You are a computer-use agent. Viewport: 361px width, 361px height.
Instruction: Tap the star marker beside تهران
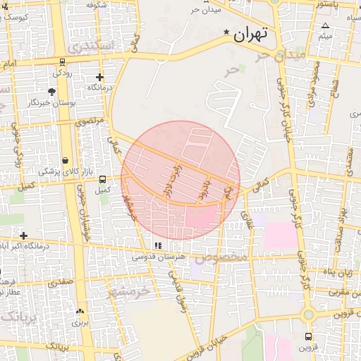click(x=226, y=32)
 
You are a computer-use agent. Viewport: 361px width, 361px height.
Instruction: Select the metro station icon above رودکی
click(x=64, y=61)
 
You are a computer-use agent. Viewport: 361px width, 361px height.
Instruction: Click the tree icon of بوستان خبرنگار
click(x=51, y=92)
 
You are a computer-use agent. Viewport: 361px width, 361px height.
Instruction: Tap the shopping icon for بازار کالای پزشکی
click(x=66, y=160)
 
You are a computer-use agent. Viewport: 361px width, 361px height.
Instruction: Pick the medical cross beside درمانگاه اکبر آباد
click(x=24, y=235)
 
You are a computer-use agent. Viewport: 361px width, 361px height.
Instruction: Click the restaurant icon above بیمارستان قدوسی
click(x=158, y=245)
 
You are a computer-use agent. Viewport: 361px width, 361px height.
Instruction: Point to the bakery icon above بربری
click(x=79, y=311)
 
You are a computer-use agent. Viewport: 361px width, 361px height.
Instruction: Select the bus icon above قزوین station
click(x=308, y=336)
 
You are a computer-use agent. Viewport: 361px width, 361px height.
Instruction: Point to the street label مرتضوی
click(x=89, y=121)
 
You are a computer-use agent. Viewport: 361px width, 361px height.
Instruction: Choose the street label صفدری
click(x=61, y=282)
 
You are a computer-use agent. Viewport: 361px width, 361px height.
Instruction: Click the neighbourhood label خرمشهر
click(x=130, y=289)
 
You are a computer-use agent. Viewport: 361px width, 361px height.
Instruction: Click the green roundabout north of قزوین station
click(x=308, y=314)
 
